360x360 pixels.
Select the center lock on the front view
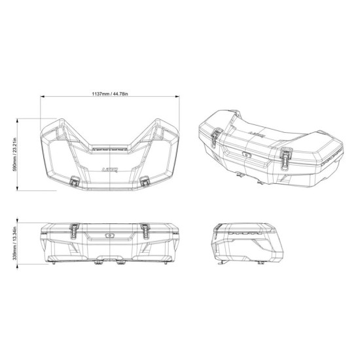pos(110,233)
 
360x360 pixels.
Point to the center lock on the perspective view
pos(249,156)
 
